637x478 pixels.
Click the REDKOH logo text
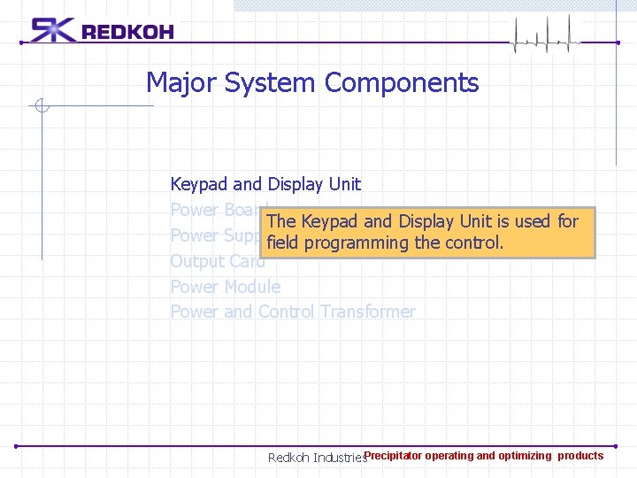click(127, 32)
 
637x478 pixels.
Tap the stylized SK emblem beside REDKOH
click(53, 30)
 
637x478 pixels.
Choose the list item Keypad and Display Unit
click(265, 184)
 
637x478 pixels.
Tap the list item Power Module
click(225, 287)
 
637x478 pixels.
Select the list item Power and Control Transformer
click(292, 312)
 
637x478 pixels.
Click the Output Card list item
click(217, 261)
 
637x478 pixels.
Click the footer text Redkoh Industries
click(316, 459)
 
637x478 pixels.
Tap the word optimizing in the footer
click(525, 456)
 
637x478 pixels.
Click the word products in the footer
click(580, 456)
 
